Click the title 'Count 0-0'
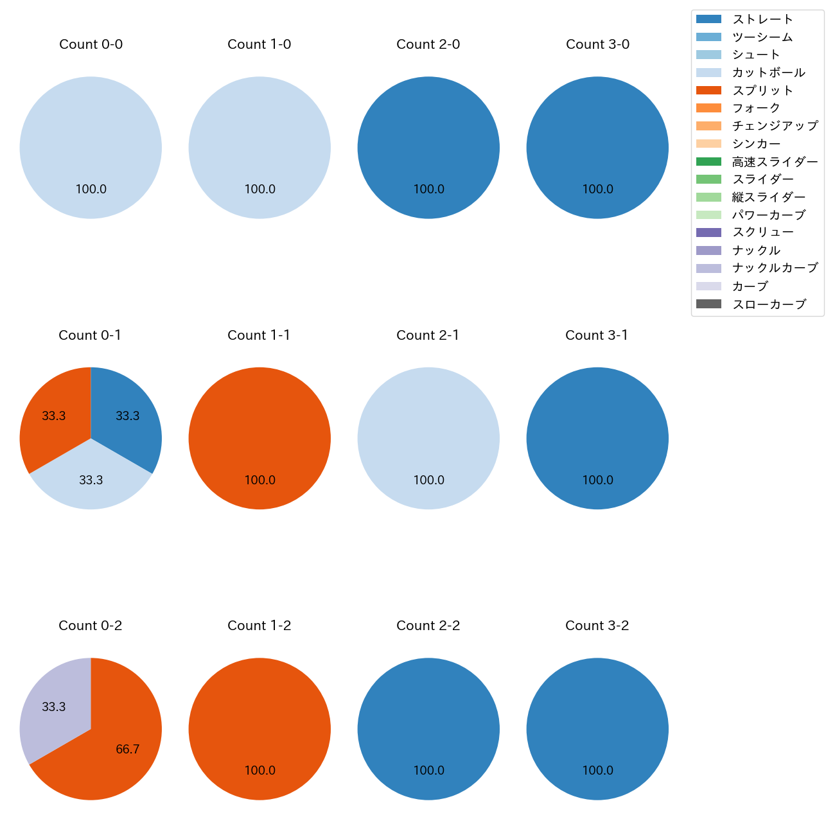point(91,44)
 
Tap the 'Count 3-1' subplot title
point(597,335)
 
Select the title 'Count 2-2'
point(428,626)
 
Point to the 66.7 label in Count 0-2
point(128,750)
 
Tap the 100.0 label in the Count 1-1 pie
point(259,480)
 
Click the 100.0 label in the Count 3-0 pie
point(597,189)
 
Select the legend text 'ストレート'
point(762,19)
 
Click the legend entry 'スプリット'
point(762,91)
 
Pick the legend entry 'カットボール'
point(768,73)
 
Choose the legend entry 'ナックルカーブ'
point(775,268)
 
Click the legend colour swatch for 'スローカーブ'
point(708,304)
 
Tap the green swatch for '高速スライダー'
point(708,162)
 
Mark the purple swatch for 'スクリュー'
point(708,233)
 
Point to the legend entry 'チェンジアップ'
point(775,126)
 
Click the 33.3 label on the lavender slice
point(54,707)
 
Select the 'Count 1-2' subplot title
point(259,626)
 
